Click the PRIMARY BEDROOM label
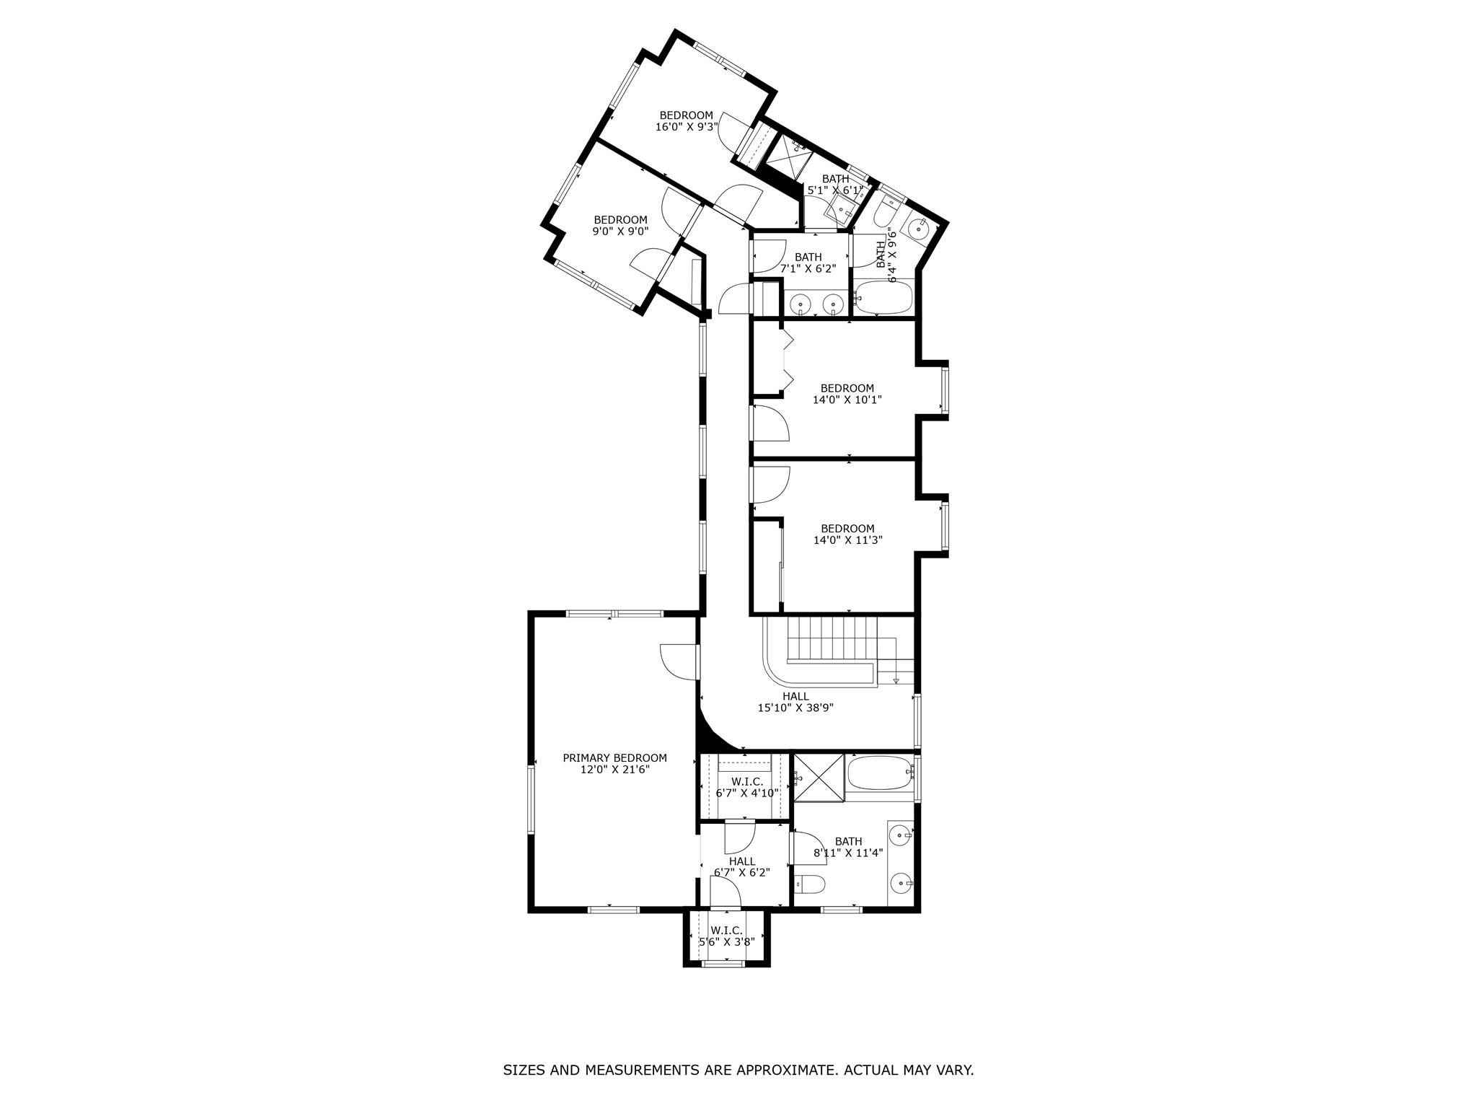[x=614, y=758]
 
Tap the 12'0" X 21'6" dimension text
[x=614, y=770]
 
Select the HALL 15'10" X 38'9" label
[x=795, y=702]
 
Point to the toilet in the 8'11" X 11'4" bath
[x=809, y=884]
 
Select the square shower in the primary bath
[x=818, y=777]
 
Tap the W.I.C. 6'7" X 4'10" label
[x=746, y=787]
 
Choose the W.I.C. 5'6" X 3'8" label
[x=726, y=936]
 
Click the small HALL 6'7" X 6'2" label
[x=741, y=866]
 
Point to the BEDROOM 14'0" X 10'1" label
[x=847, y=394]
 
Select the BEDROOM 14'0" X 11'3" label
[x=847, y=534]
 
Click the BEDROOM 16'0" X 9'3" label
[x=686, y=121]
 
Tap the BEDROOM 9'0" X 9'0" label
[x=620, y=226]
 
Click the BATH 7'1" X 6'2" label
[x=808, y=263]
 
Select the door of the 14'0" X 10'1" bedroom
[x=770, y=424]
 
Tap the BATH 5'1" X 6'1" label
[x=835, y=185]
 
